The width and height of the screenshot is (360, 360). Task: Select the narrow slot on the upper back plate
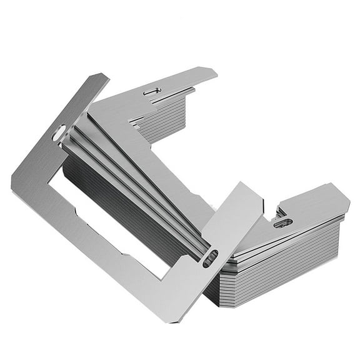(x=152, y=91)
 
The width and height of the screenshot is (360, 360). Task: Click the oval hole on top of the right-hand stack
(x=282, y=222)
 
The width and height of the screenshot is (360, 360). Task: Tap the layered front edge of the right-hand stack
(x=281, y=269)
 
